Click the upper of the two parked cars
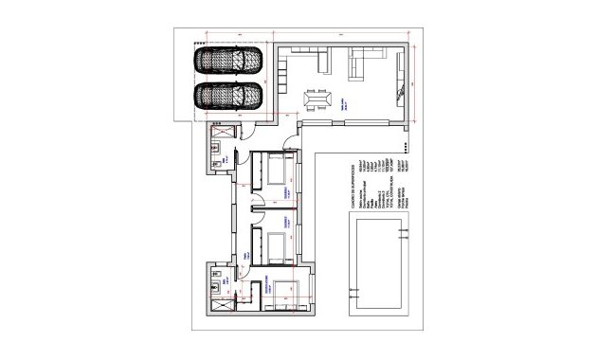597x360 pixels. click(230, 60)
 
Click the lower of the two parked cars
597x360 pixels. click(230, 96)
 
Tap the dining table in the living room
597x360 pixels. click(316, 98)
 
